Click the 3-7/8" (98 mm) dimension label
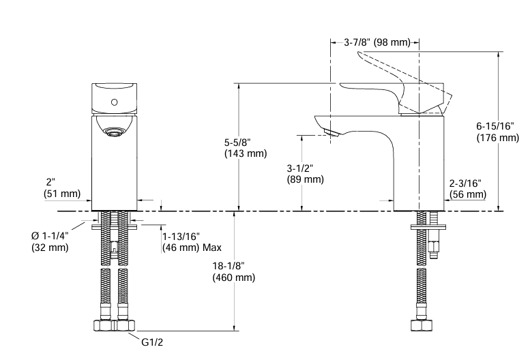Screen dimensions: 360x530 click(x=377, y=42)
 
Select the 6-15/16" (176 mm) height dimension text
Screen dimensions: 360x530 click(x=497, y=132)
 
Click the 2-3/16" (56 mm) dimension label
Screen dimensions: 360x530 click(x=467, y=189)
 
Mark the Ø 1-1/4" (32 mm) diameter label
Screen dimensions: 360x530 click(x=50, y=241)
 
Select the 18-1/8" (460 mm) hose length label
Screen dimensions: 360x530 click(x=233, y=271)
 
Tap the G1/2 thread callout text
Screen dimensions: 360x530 click(x=153, y=344)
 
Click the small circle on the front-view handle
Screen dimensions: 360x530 click(x=114, y=102)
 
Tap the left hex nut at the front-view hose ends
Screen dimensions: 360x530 click(x=104, y=325)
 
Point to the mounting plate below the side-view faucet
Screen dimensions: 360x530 click(x=422, y=226)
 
